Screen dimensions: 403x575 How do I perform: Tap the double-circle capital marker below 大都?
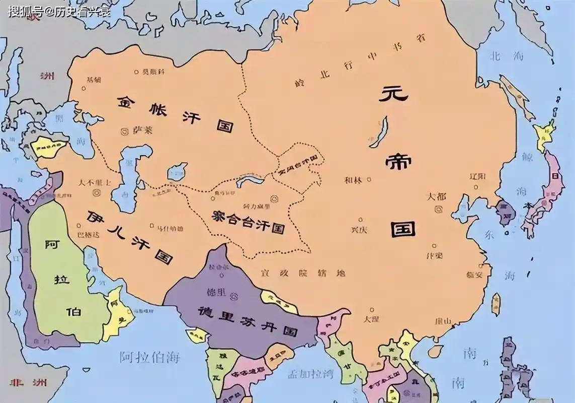[439, 209]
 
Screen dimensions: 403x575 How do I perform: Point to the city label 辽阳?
[477, 177]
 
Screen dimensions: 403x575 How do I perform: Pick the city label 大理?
[372, 319]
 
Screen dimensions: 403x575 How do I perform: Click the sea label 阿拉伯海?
[149, 358]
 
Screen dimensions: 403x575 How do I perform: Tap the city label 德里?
[214, 292]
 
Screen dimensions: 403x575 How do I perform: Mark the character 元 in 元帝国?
[396, 95]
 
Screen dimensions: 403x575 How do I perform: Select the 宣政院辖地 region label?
[303, 273]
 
